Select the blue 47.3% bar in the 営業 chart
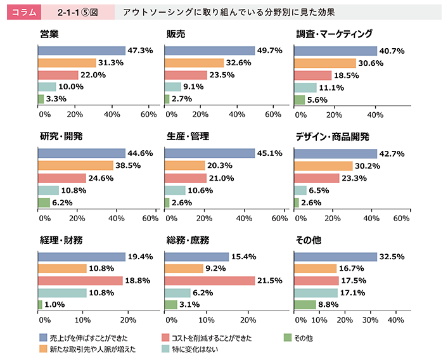82,51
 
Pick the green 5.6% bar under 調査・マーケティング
300,100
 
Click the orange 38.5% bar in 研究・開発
75,166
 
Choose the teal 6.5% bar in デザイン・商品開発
300,190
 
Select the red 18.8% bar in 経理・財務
80,281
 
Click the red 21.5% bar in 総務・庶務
210,281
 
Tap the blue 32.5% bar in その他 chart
335,257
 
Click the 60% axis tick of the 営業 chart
149,115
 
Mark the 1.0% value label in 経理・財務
55,305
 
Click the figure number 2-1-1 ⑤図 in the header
77,12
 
